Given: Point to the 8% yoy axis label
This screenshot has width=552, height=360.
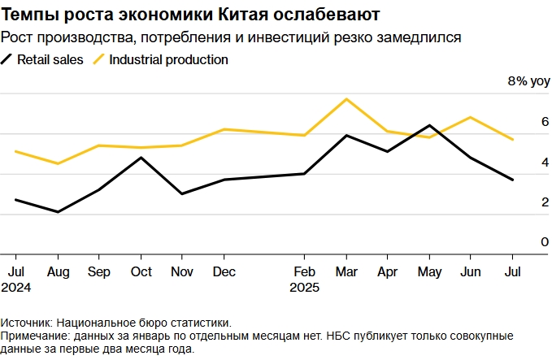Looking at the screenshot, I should [528, 81].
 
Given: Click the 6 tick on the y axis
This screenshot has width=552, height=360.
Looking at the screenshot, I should [523, 122].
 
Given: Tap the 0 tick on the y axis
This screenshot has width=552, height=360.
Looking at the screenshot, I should [523, 242].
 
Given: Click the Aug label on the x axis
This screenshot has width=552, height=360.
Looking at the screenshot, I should [57, 271].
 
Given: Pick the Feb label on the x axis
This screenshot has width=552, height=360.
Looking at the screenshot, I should [305, 271].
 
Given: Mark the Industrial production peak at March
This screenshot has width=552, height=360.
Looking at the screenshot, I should [347, 99].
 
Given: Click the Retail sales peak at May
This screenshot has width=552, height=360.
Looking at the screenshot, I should [429, 125].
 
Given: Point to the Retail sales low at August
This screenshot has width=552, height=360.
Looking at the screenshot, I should [57, 212].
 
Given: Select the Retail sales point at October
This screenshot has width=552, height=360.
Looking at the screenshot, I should [141, 158].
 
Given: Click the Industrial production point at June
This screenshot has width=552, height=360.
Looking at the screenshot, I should [471, 117].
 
